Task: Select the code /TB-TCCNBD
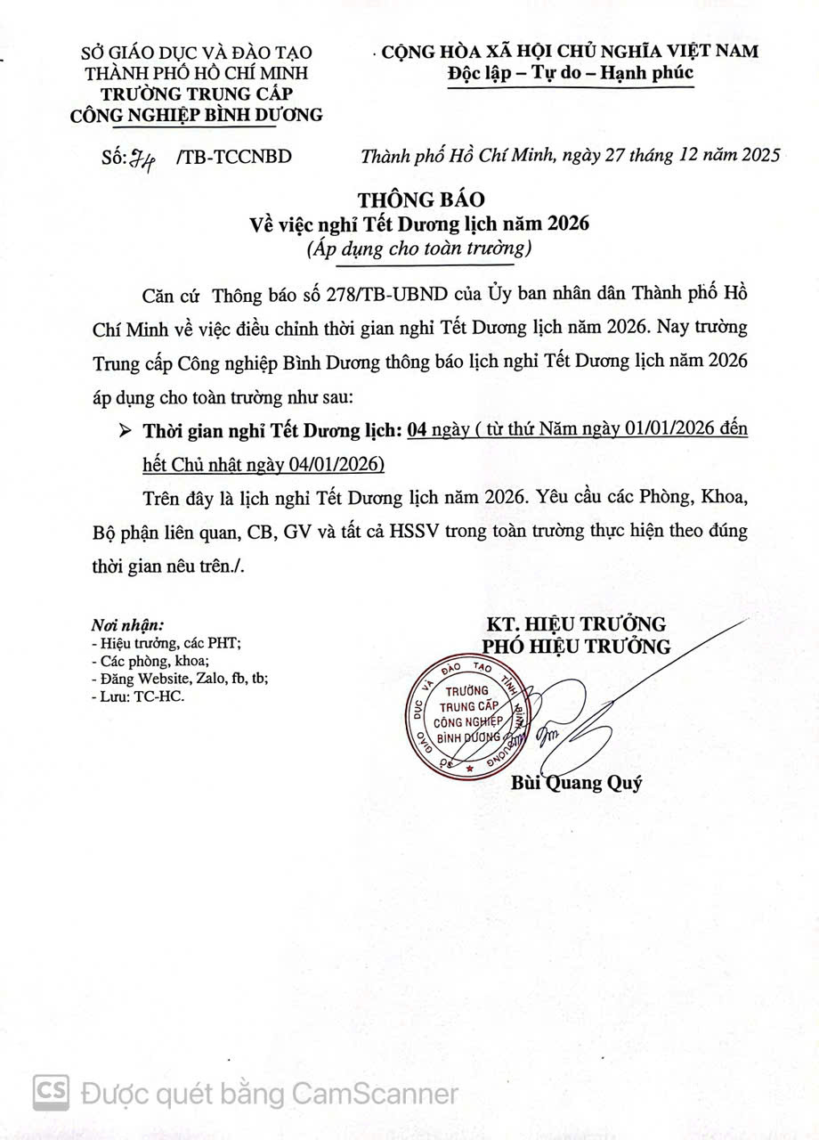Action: tap(234, 158)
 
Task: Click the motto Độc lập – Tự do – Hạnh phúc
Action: tap(570, 73)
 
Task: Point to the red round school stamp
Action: tap(464, 717)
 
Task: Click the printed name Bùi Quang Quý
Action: tap(576, 784)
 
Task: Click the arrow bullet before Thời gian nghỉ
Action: tap(125, 431)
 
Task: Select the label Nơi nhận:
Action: tap(127, 624)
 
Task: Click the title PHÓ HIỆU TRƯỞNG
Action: tap(576, 647)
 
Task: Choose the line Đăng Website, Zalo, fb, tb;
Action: tap(180, 678)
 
